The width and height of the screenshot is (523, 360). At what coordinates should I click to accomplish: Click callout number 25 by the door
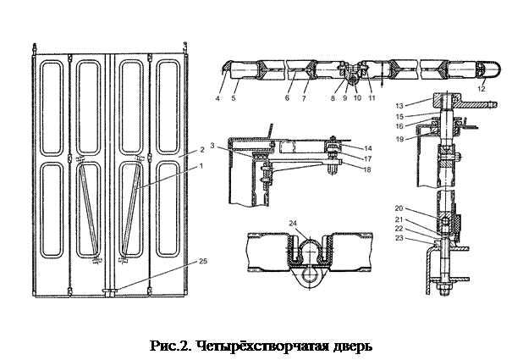[x=202, y=262]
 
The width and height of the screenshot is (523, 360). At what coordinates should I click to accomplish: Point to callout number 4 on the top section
[x=218, y=99]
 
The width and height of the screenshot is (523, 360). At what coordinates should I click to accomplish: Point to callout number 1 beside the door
[x=201, y=166]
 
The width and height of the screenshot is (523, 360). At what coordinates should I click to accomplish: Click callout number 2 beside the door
[x=201, y=148]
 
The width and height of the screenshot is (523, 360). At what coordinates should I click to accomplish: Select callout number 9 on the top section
[x=345, y=99]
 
